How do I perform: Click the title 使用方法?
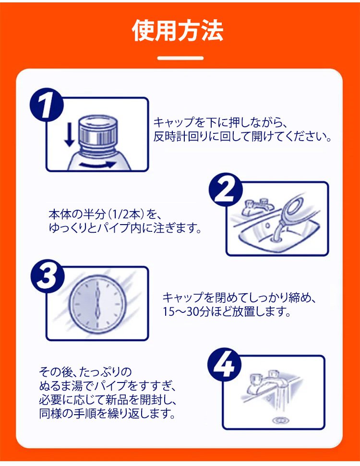point(178,31)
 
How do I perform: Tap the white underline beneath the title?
point(180,58)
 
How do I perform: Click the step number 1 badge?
point(47,104)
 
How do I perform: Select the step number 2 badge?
point(226,190)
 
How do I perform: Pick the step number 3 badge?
point(47,276)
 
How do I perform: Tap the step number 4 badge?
point(225,365)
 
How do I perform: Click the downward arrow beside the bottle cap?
point(70,135)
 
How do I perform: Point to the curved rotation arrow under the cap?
point(97,164)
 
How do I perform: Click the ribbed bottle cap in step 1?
point(98,131)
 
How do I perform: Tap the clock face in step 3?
point(97,304)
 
